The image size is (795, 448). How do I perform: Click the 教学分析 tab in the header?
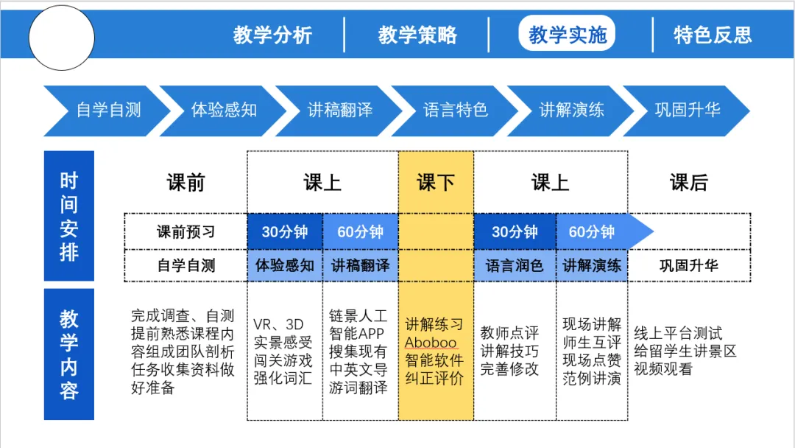272,35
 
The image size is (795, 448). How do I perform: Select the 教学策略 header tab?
417,35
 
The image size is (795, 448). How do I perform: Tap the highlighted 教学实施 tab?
567,34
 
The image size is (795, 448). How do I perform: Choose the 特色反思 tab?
713,35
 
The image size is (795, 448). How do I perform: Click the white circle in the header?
61,38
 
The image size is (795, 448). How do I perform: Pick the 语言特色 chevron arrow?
455,111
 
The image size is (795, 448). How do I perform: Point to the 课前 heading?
186,183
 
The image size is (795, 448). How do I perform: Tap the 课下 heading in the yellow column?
436,183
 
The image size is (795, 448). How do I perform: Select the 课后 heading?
689,183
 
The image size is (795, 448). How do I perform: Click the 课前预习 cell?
186,231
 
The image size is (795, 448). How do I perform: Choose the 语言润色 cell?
515,265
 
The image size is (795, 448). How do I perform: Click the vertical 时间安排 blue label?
69,216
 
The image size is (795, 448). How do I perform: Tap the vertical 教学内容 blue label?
69,354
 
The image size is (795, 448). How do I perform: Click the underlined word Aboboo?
431,343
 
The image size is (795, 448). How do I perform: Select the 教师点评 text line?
509,333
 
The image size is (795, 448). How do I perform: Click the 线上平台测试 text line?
678,333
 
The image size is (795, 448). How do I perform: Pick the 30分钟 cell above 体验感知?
284,231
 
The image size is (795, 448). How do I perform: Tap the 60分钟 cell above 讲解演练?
591,231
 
